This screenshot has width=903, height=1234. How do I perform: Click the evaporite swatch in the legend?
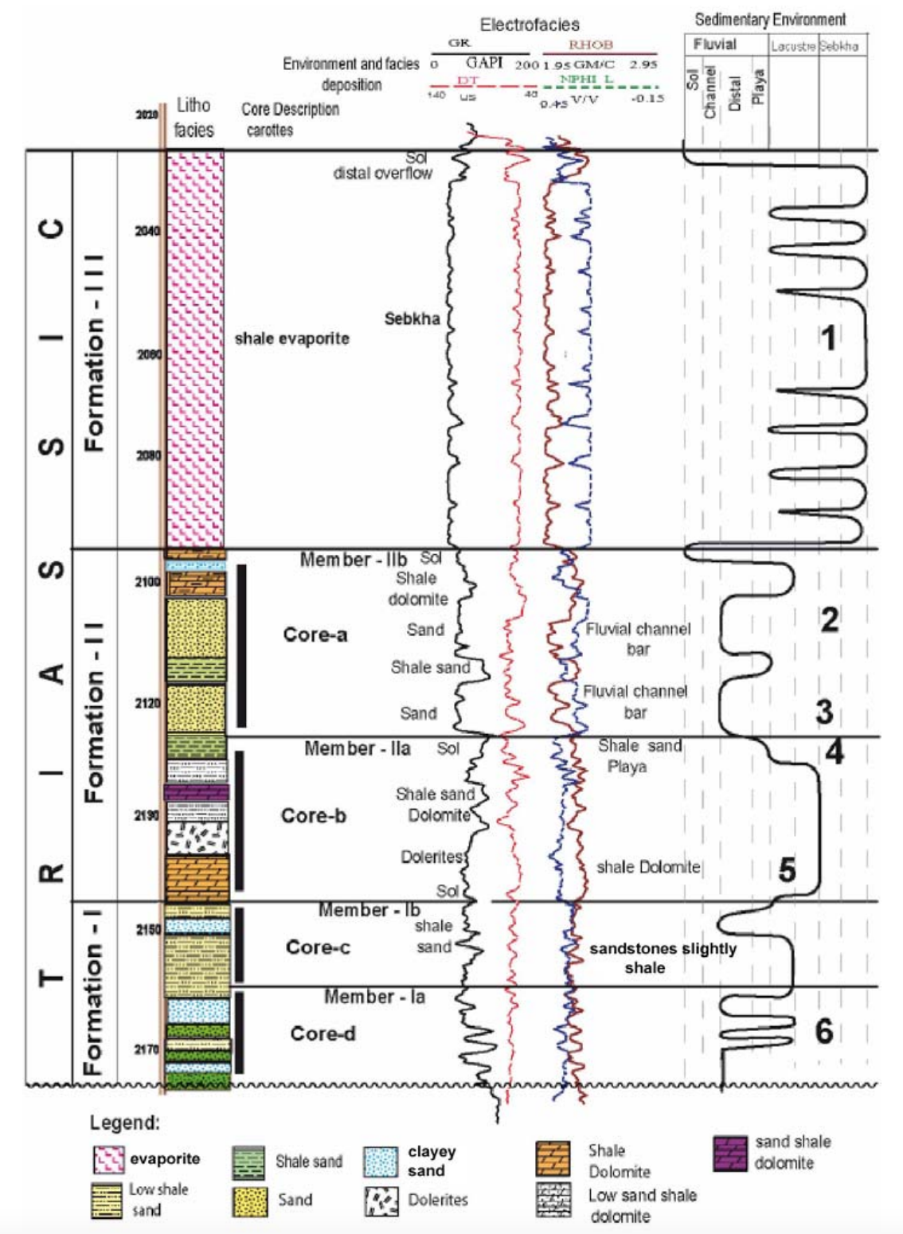(x=109, y=1159)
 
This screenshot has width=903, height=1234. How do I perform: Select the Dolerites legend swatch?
(x=381, y=1200)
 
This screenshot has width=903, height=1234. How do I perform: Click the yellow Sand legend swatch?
(x=250, y=1201)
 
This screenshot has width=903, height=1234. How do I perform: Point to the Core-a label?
(x=315, y=635)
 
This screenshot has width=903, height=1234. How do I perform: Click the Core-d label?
(x=322, y=1033)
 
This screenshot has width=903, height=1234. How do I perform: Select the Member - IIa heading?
(x=358, y=748)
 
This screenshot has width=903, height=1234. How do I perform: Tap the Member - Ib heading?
(x=369, y=910)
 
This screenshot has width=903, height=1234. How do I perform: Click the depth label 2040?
(x=147, y=231)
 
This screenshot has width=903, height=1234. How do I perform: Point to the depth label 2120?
(x=147, y=703)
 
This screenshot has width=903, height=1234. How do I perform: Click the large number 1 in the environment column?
(x=828, y=338)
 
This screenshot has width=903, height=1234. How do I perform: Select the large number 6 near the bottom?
(x=824, y=1032)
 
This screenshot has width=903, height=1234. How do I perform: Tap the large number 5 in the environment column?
(x=787, y=870)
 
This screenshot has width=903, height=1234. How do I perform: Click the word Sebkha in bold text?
(x=412, y=319)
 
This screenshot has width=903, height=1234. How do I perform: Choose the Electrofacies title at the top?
(x=530, y=25)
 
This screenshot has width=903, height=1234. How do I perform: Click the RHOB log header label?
(x=590, y=45)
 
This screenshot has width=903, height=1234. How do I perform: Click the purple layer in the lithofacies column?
(x=197, y=792)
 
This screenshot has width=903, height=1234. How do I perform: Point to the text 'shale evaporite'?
(x=291, y=338)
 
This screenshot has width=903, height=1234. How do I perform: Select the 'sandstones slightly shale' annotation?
(x=663, y=958)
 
